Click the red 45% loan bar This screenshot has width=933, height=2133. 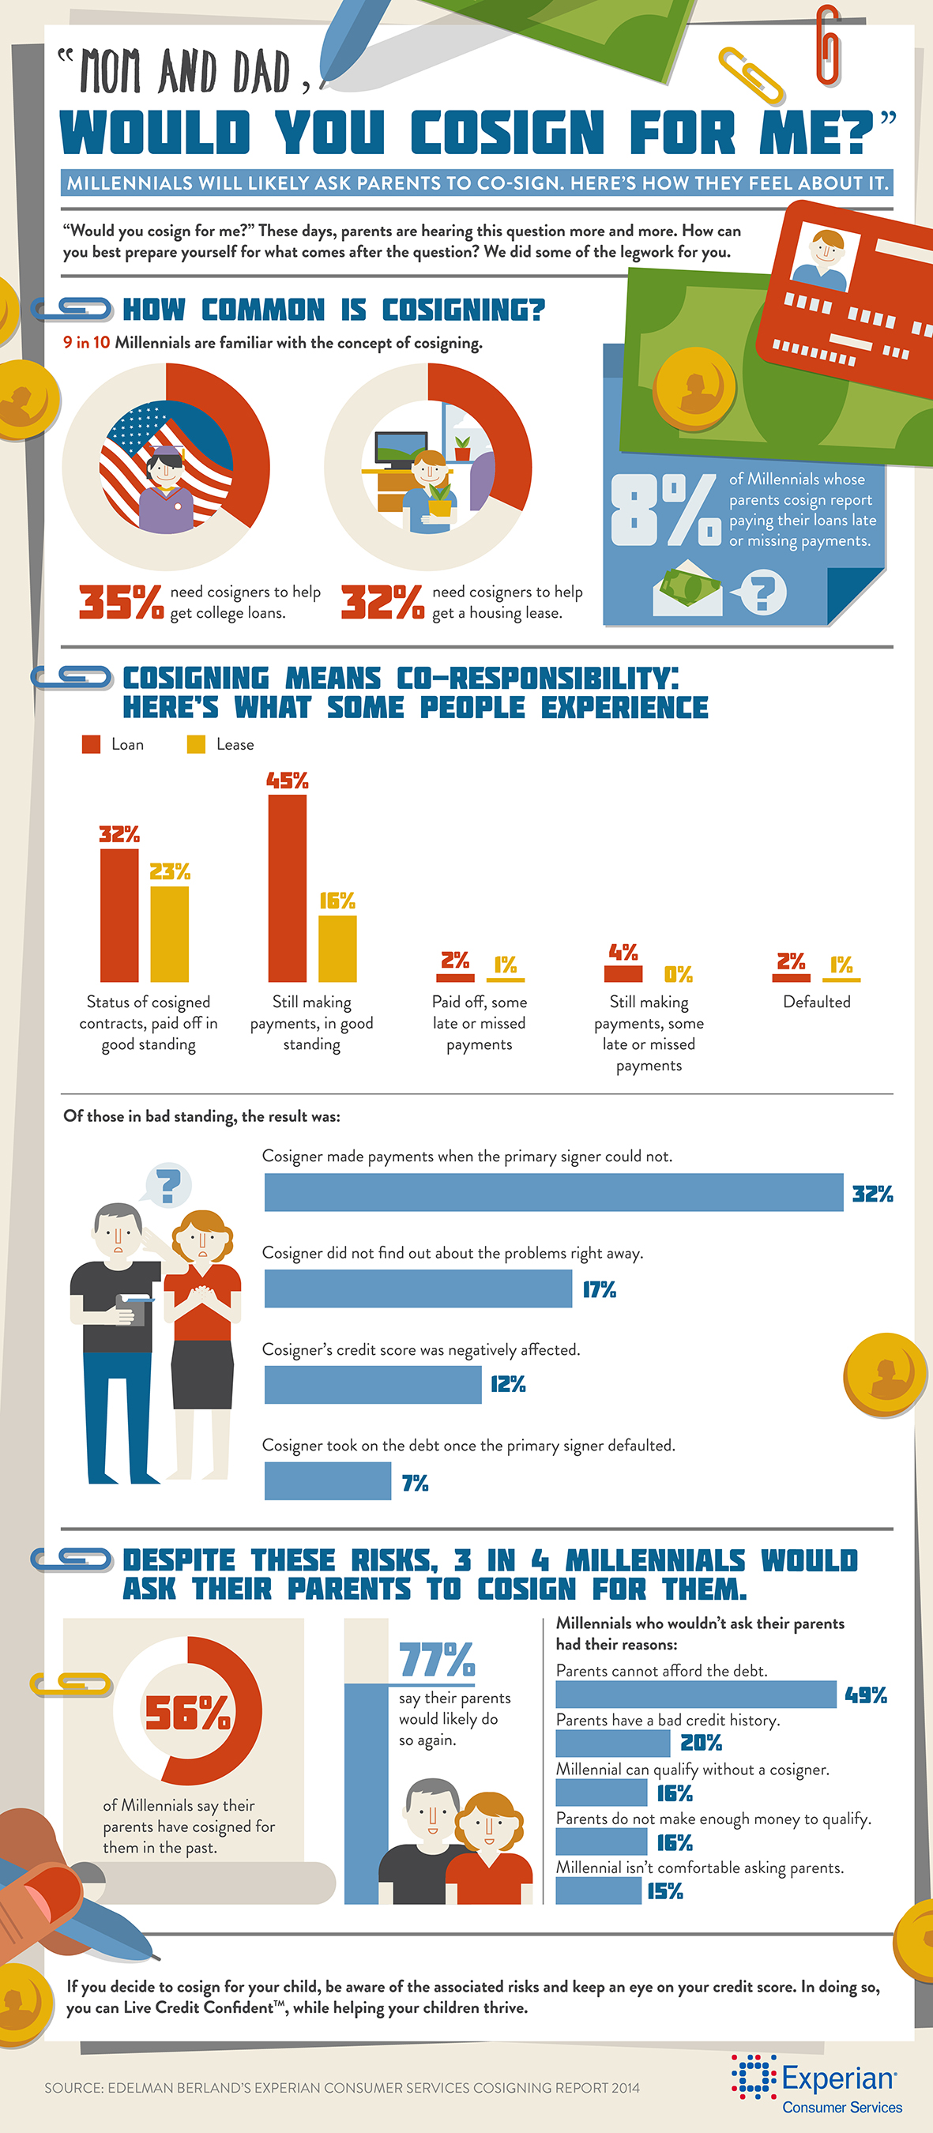point(287,888)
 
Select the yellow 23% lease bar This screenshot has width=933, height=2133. point(169,933)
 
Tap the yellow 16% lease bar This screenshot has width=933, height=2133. point(337,947)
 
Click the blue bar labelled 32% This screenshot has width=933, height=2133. point(553,1191)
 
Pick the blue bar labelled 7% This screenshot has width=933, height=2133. point(327,1480)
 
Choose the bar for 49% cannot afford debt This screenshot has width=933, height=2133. point(695,1693)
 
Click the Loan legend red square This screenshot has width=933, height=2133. point(91,744)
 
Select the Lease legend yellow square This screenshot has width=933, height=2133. point(195,744)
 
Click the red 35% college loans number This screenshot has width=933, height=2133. point(121,602)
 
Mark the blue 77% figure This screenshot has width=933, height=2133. point(436,1659)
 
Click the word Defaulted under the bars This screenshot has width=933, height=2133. point(816,1002)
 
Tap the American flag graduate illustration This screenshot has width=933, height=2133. point(166,468)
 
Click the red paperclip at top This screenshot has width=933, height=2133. point(828,46)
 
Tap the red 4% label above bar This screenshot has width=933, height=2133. point(623,952)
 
